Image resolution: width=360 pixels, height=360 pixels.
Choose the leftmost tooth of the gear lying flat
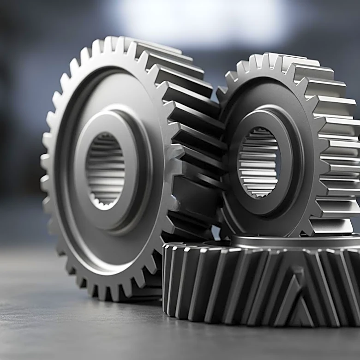point(167,277)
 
